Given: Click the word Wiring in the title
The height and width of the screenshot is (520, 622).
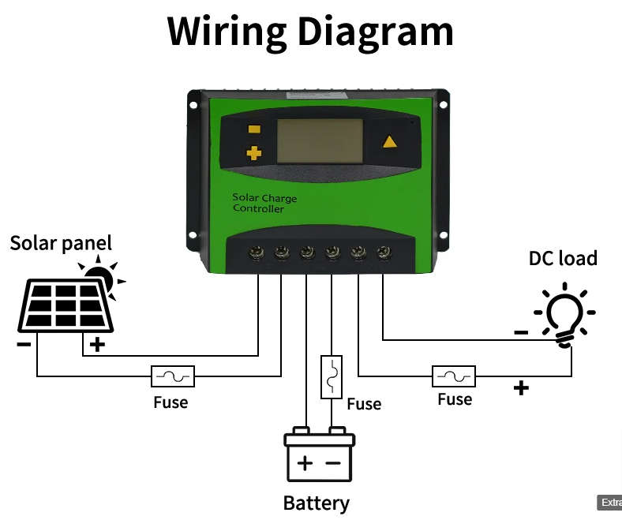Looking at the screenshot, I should tap(227, 32).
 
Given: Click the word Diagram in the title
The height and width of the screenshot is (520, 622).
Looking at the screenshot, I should tap(375, 32).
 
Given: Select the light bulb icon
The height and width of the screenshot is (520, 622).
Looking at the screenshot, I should tap(566, 314).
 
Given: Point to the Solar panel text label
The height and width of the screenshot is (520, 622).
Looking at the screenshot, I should tap(61, 242).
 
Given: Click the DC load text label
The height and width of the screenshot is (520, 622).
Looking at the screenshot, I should tap(563, 258).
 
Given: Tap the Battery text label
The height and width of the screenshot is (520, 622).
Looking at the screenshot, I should tap(316, 503).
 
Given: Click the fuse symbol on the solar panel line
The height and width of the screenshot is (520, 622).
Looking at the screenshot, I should tap(173, 376).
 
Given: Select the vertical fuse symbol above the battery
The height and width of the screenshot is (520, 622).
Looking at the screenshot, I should tap(332, 376).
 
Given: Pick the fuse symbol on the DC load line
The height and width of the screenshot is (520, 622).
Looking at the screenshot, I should tap(454, 376).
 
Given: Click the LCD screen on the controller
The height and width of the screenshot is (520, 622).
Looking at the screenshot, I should tap(319, 140).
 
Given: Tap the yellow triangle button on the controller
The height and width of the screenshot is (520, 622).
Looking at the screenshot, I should tap(389, 142).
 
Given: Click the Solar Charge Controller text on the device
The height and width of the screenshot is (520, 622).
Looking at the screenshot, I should tap(264, 203).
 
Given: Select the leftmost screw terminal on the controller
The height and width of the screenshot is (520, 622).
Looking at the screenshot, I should tap(257, 253).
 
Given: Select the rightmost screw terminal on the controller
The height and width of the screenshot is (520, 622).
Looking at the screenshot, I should tap(384, 253).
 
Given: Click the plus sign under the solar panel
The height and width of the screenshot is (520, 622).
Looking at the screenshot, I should tap(96, 345).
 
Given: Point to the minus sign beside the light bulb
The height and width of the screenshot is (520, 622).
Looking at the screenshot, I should tap(521, 333).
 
